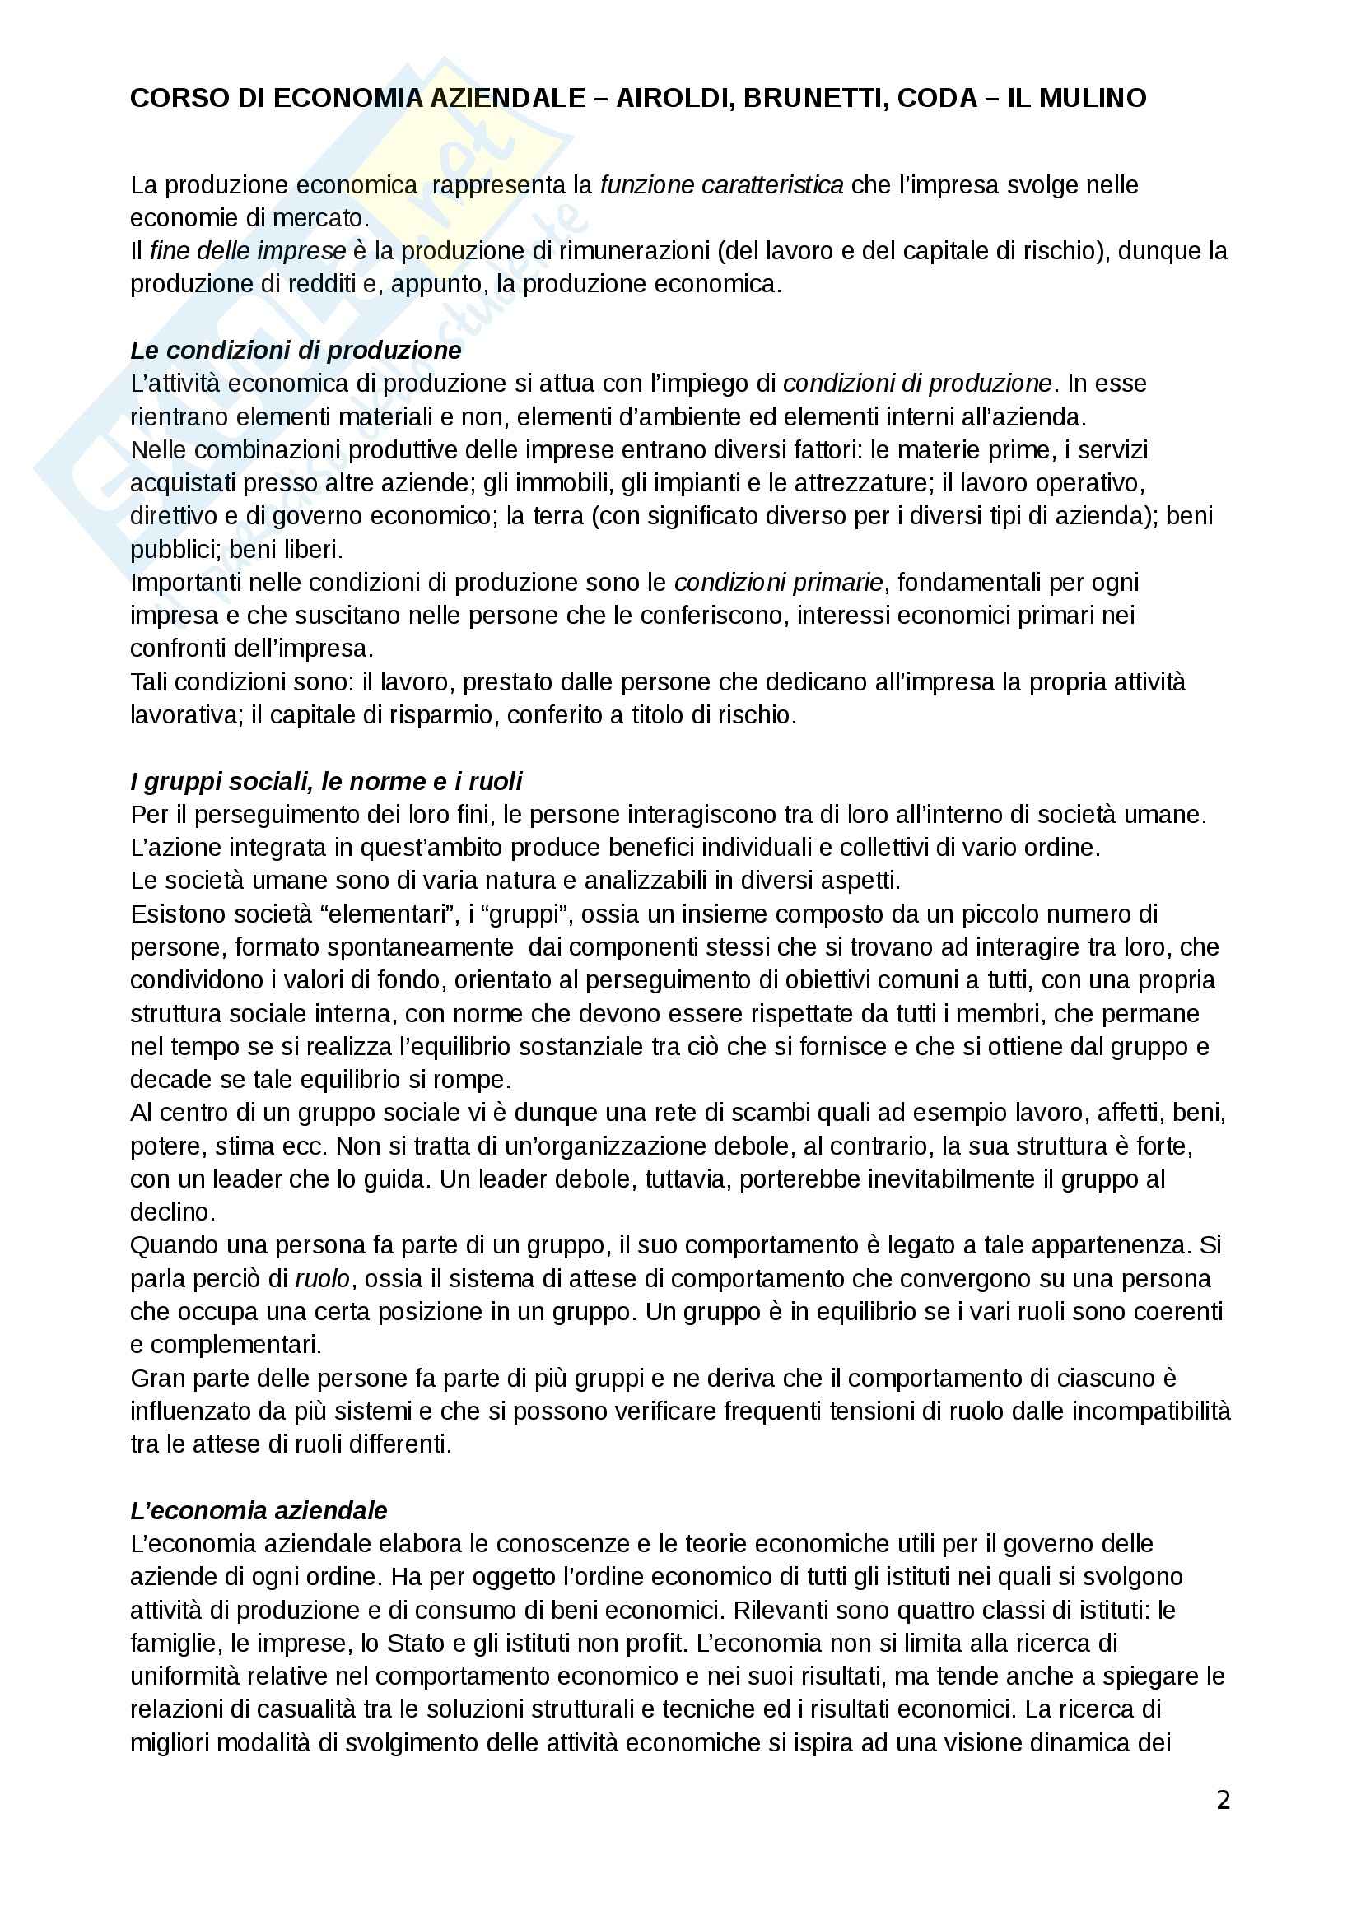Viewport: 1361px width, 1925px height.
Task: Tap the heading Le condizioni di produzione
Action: tap(296, 351)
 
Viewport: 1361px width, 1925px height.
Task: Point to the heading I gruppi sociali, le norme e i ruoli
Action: tap(325, 781)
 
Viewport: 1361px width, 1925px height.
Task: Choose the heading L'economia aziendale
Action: tap(259, 1510)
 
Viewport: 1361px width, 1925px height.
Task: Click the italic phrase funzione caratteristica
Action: tap(721, 185)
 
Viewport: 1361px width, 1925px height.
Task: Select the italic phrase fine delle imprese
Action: tap(247, 252)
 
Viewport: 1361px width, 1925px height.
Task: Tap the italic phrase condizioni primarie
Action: tap(778, 583)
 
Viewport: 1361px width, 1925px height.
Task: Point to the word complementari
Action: tap(237, 1345)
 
